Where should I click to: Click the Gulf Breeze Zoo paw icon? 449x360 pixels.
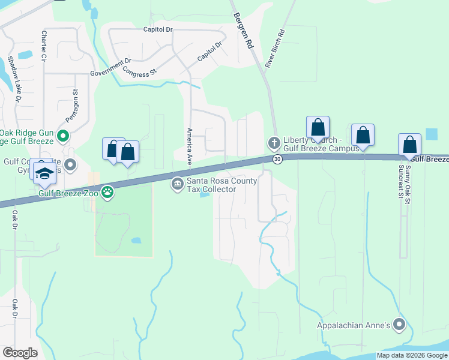(x=107, y=193)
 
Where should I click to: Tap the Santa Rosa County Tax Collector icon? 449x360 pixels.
(x=178, y=184)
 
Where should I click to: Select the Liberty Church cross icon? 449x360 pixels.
(x=274, y=143)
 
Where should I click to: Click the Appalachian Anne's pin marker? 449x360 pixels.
(x=400, y=326)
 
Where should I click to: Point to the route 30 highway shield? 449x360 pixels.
(x=277, y=158)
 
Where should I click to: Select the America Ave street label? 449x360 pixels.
(x=189, y=146)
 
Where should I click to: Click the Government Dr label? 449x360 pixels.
(x=110, y=67)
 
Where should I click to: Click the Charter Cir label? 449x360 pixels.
(x=44, y=47)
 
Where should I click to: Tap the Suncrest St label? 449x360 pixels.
(x=401, y=181)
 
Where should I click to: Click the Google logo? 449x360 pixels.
(x=20, y=352)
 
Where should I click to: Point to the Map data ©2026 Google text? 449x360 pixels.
(x=412, y=355)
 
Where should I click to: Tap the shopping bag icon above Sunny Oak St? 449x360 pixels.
(x=409, y=145)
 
